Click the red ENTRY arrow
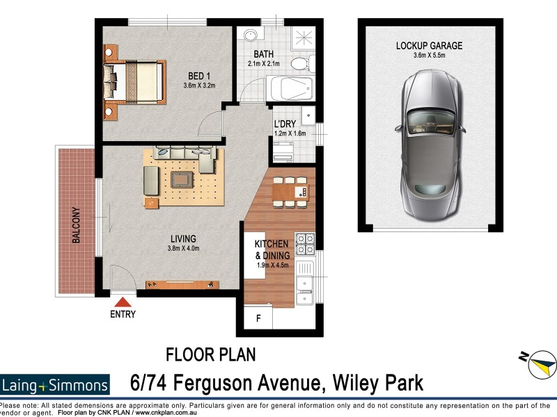coord(123,302)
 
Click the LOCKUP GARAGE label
coord(429,46)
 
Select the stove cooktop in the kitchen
coord(305,243)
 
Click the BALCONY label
coord(76,226)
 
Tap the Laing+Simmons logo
coord(56,385)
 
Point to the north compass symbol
coord(540,363)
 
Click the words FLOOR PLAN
coord(210,355)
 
